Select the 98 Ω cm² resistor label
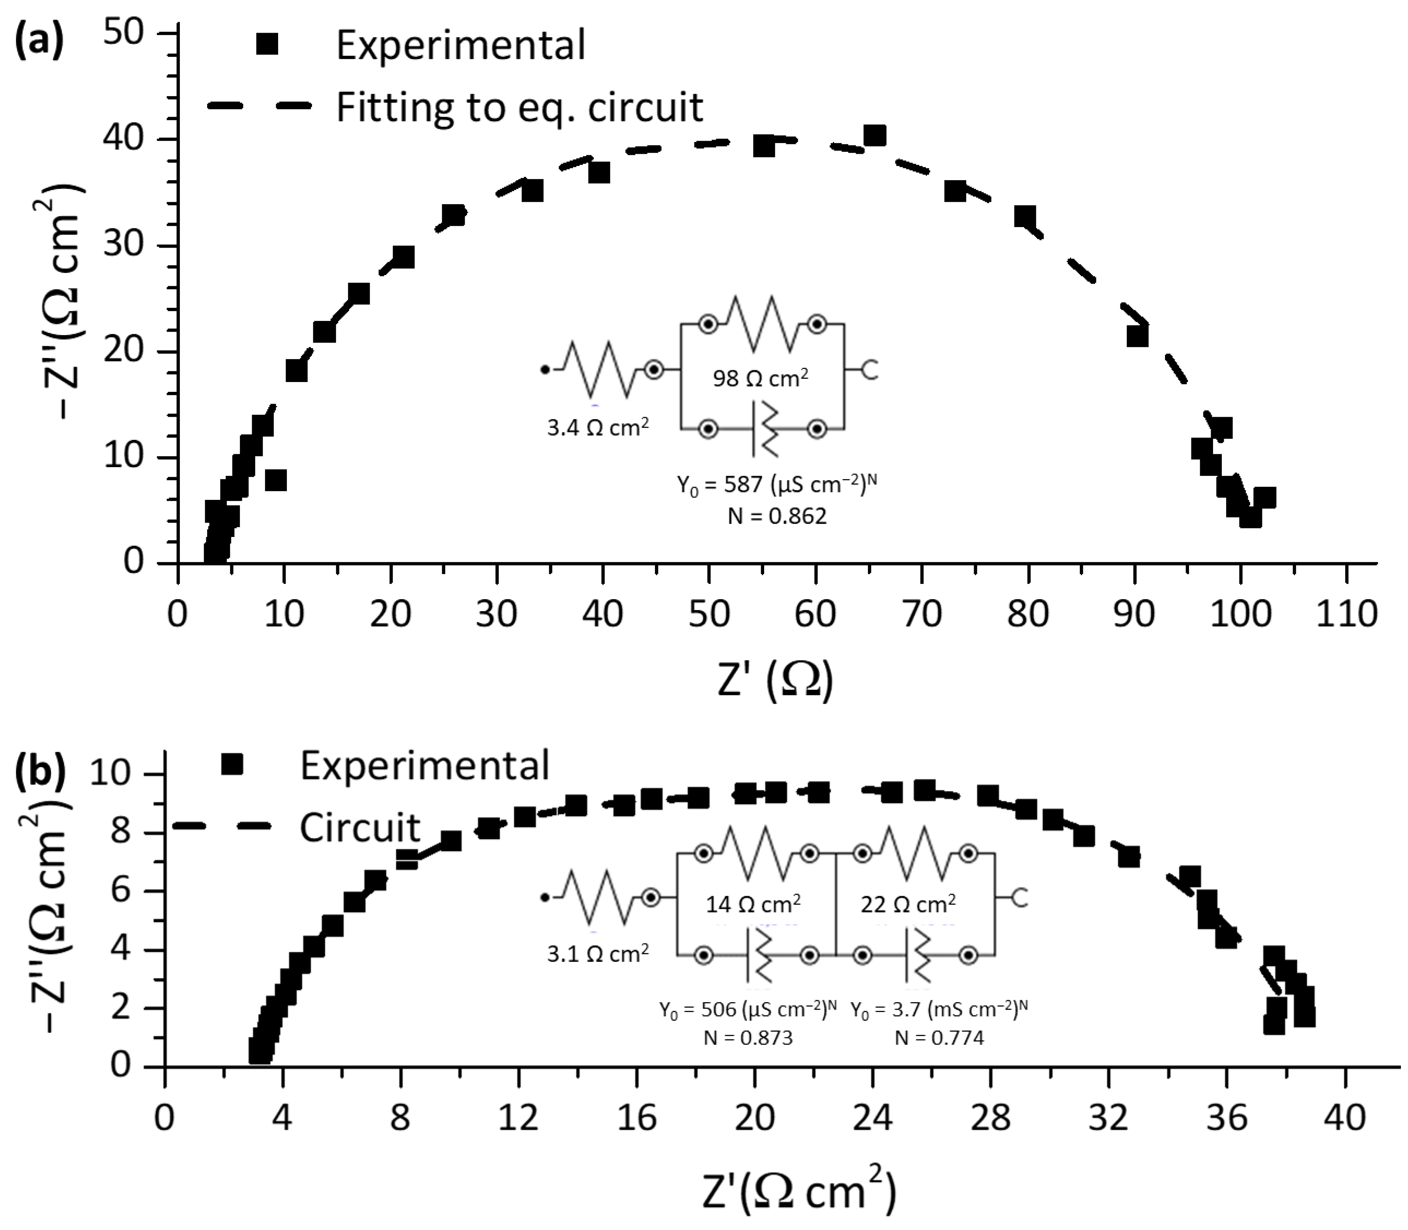click(760, 378)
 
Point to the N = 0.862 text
click(777, 516)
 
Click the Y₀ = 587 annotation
click(777, 485)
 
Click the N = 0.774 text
click(939, 1037)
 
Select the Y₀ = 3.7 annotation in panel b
click(939, 1009)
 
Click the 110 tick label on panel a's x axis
click(1346, 613)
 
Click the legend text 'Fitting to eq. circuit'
click(519, 107)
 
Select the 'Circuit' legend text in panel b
click(360, 827)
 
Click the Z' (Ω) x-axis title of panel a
click(775, 680)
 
